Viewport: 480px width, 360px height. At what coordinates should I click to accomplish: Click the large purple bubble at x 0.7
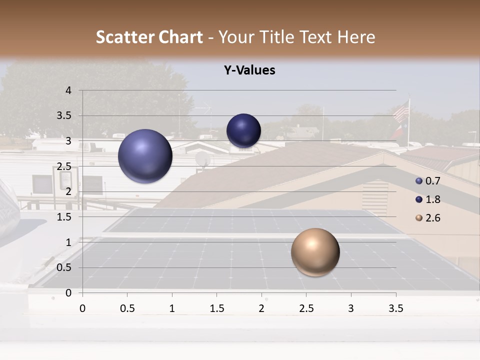click(145, 156)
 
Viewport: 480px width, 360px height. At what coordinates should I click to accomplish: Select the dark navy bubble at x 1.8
click(243, 131)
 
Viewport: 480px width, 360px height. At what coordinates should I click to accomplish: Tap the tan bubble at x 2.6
click(315, 252)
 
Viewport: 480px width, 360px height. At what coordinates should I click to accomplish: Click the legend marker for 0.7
click(419, 181)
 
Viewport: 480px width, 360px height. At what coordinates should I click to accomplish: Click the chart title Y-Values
click(249, 70)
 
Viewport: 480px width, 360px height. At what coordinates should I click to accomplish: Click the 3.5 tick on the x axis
click(395, 308)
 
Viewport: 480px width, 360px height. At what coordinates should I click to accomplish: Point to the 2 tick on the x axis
click(261, 308)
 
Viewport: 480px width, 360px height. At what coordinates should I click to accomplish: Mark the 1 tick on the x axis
click(172, 308)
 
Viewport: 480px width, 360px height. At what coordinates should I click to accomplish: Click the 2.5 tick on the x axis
click(306, 308)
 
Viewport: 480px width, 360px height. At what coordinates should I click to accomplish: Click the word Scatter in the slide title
click(125, 37)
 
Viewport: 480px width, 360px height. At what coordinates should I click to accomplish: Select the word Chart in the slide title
click(181, 37)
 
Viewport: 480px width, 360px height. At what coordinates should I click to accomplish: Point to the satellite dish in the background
click(203, 159)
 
